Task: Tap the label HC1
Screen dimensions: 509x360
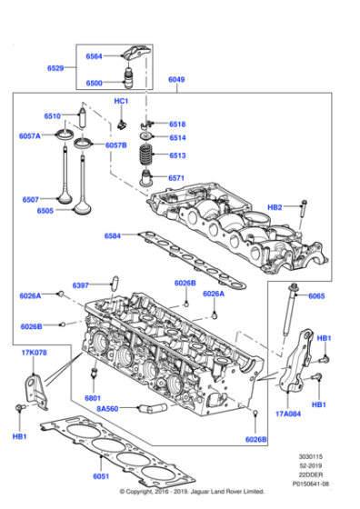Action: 121,101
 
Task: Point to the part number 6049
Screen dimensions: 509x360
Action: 177,81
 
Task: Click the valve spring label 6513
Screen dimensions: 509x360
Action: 176,155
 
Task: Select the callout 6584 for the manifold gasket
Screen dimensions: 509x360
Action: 112,235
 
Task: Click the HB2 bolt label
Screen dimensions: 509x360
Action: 275,207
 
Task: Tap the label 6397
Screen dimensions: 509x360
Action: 82,285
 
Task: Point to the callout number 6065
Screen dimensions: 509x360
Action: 316,296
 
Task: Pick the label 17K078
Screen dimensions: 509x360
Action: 33,352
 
